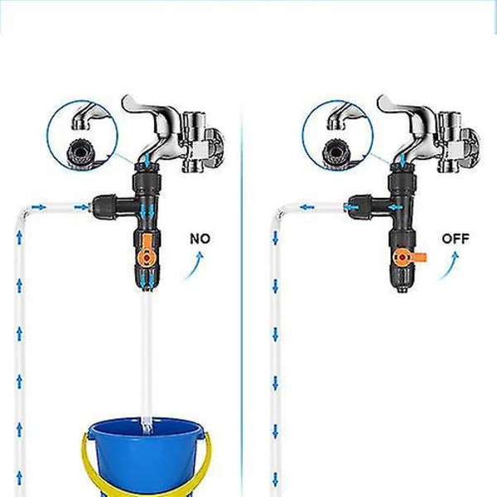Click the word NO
click(x=200, y=239)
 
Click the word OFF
click(x=456, y=239)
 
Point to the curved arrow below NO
click(x=193, y=266)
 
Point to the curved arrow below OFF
click(x=449, y=266)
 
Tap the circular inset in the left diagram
click(x=82, y=136)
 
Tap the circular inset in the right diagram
click(x=338, y=136)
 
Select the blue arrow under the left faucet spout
click(x=147, y=159)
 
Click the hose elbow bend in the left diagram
click(x=25, y=212)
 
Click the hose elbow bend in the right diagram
click(x=280, y=212)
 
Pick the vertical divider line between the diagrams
click(x=243, y=298)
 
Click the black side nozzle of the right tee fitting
click(x=359, y=206)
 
